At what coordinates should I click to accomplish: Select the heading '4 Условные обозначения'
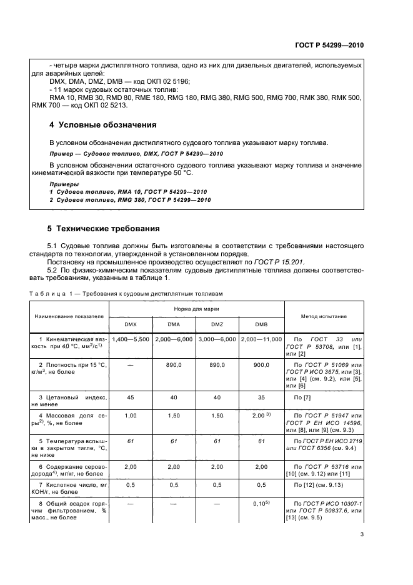click(x=102, y=124)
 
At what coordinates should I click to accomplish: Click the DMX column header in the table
click(x=130, y=324)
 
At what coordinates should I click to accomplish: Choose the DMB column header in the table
click(x=261, y=324)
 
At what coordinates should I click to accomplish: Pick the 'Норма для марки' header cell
click(x=196, y=309)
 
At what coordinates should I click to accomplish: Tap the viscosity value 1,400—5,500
click(x=130, y=338)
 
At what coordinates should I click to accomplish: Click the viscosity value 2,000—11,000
click(x=261, y=338)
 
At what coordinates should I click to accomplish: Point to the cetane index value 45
click(x=130, y=396)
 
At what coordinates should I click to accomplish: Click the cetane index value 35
click(x=261, y=396)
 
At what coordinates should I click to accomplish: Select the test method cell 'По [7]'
click(x=302, y=396)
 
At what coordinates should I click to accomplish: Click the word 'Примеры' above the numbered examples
click(x=64, y=184)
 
